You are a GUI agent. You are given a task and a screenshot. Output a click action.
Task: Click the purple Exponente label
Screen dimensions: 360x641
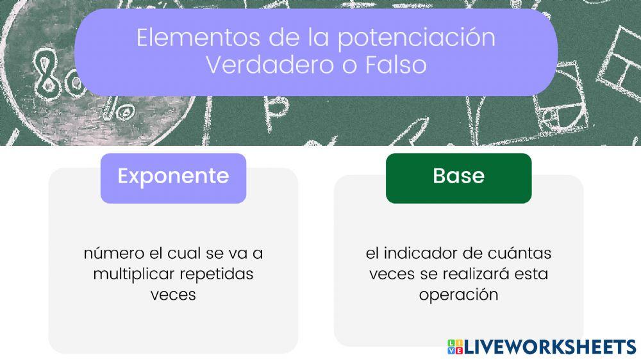point(173,176)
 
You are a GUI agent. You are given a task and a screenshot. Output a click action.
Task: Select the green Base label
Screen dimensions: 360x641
point(458,176)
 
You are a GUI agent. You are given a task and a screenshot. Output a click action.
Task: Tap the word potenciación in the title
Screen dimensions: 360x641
point(416,38)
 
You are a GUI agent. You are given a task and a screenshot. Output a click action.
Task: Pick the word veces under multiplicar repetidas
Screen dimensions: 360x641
point(173,295)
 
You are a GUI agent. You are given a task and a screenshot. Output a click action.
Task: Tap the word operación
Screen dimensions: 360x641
point(458,295)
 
